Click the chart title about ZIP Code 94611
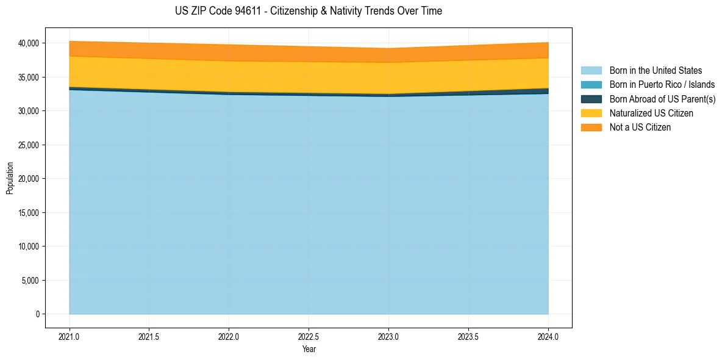(x=309, y=11)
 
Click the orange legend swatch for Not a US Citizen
(x=591, y=128)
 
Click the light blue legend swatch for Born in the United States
(x=591, y=71)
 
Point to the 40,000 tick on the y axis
(x=29, y=43)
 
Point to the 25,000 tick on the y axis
(x=29, y=145)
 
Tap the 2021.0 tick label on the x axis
(x=70, y=336)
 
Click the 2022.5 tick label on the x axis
(x=309, y=336)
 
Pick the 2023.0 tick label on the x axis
(x=388, y=336)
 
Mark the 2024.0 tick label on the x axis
(x=548, y=336)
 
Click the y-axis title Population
(x=10, y=178)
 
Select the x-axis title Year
(x=309, y=350)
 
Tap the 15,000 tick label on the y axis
(x=29, y=213)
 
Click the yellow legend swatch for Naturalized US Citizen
(x=591, y=113)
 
